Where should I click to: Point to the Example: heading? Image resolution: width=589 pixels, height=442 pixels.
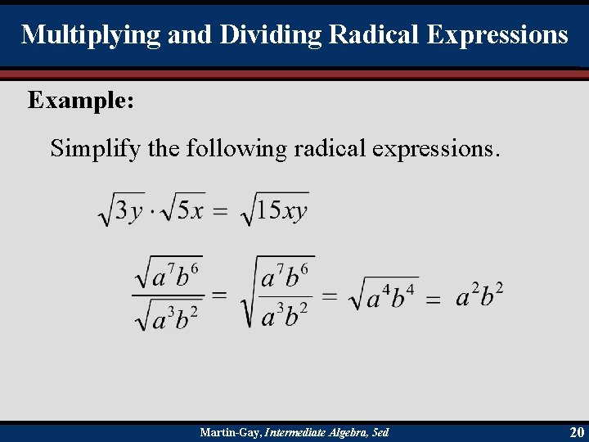pos(81,101)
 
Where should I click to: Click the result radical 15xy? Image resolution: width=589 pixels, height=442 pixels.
pos(275,210)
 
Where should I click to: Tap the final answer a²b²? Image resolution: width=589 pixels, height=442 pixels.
pos(479,295)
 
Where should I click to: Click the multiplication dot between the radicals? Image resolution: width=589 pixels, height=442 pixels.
pos(150,212)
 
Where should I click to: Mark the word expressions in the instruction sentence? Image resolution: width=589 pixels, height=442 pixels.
pos(434,149)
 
